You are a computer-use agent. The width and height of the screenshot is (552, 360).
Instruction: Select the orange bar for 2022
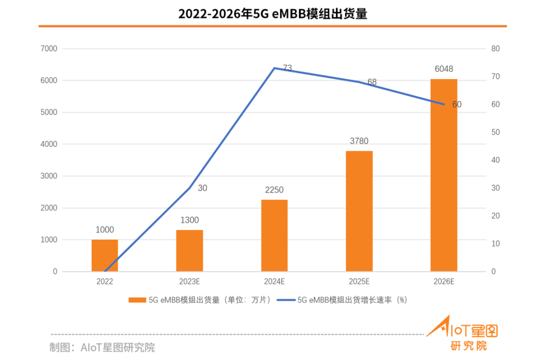[x=105, y=256]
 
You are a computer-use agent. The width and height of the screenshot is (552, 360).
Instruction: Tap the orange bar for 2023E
[x=190, y=251]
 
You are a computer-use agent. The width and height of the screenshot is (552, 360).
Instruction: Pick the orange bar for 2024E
[x=274, y=235]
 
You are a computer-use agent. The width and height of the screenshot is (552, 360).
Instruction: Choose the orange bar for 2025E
[x=359, y=211]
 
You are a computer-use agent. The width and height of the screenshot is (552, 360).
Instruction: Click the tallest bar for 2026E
[x=444, y=175]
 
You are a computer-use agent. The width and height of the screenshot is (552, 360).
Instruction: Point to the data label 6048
[x=444, y=69]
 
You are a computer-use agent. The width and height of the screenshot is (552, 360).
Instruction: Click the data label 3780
[x=359, y=141]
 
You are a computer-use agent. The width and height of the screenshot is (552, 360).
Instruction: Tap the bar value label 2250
[x=274, y=190]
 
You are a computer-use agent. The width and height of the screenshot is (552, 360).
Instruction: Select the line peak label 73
[x=287, y=67]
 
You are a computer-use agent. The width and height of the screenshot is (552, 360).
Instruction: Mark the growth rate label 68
[x=372, y=82]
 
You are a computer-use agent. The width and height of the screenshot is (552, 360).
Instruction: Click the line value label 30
[x=202, y=188]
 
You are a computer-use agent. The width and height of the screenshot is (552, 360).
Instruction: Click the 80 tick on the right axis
[x=495, y=49]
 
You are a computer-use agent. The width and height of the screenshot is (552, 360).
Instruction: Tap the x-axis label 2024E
[x=274, y=282]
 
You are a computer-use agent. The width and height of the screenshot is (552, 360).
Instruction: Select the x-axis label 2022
[x=105, y=282]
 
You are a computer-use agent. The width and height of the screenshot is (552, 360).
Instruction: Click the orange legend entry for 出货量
[x=199, y=300]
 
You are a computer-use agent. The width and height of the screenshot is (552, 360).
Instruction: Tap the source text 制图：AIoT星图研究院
[x=102, y=348]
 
